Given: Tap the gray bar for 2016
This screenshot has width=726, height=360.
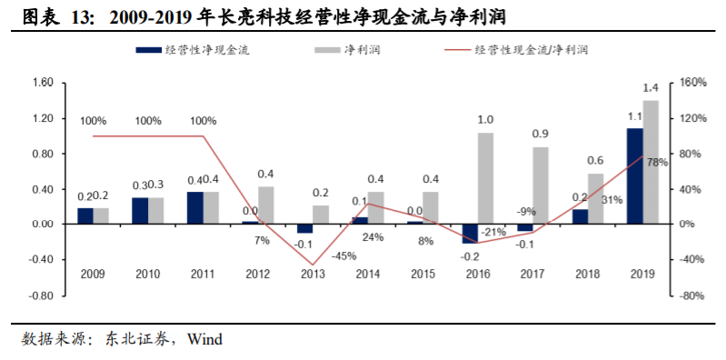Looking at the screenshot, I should point(485,178).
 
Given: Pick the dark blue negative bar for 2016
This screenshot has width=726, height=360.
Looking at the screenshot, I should point(470,234).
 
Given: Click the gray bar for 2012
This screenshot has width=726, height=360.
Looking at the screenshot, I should point(266,205).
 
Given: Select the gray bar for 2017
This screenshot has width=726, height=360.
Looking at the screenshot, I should point(541,185).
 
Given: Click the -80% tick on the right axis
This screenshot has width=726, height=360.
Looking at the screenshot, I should point(693,295).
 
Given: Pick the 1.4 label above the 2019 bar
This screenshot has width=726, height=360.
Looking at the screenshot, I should point(651,88).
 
